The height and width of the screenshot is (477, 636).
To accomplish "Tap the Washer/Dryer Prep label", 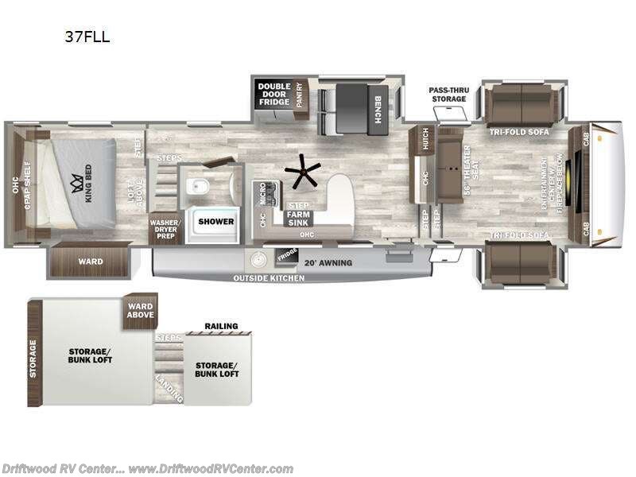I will point(165,229).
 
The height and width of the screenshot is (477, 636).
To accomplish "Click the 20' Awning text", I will point(326,262).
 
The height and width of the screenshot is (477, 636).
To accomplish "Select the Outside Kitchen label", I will point(268,278).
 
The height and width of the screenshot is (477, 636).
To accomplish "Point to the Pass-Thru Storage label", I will point(448,95).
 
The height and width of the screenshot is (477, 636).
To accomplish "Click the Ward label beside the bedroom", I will point(88,262).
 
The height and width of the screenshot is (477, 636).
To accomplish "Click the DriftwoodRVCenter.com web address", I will point(210,468).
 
